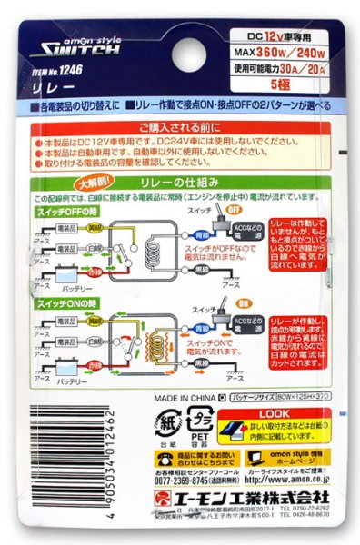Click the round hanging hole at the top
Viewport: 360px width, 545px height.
click(179, 19)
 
